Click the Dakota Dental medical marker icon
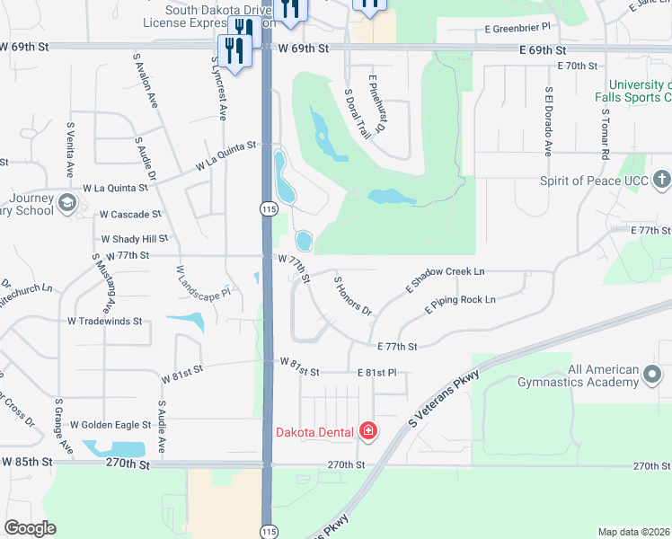pyautogui.click(x=367, y=432)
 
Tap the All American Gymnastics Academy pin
pyautogui.click(x=653, y=375)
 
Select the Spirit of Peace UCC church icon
pyautogui.click(x=660, y=180)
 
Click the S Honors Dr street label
pyautogui.click(x=352, y=296)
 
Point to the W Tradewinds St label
pyautogui.click(x=104, y=321)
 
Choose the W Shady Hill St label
pyautogui.click(x=135, y=239)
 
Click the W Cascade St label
pyautogui.click(x=130, y=215)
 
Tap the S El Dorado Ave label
pyautogui.click(x=547, y=121)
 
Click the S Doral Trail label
pyautogui.click(x=358, y=113)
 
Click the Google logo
pyautogui.click(x=30, y=528)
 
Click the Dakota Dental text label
pyautogui.click(x=314, y=432)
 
